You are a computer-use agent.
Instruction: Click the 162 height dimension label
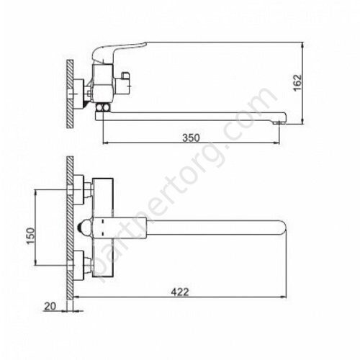[297, 83]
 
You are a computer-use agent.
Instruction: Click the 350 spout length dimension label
[191, 138]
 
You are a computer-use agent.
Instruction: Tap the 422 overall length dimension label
[180, 292]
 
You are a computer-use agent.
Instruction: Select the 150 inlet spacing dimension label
[31, 236]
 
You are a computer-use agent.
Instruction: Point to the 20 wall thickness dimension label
[50, 307]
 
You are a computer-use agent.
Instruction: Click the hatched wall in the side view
[70, 94]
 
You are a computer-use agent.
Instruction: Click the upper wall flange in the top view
[78, 190]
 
